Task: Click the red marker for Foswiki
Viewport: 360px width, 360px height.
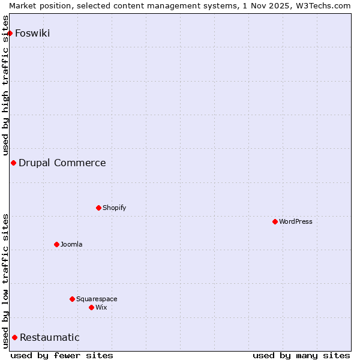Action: pos(10,33)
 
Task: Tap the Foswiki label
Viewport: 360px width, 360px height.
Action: pos(32,33)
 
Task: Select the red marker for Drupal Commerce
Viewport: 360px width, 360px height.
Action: pos(13,163)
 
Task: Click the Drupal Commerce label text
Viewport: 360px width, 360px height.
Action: pos(62,163)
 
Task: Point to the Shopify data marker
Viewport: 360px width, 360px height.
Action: pos(98,208)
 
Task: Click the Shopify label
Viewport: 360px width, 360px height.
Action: pos(114,208)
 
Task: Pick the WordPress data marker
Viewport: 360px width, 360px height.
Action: pos(275,221)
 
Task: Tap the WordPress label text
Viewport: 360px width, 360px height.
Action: pos(295,221)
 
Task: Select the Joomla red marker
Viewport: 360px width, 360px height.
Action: pos(56,244)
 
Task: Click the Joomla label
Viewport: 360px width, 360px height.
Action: pos(71,244)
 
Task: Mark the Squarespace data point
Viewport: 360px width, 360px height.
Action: pos(72,299)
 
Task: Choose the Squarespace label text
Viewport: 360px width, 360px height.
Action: pos(97,299)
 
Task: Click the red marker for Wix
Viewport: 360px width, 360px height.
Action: pos(91,307)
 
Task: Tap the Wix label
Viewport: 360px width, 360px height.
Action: pos(101,307)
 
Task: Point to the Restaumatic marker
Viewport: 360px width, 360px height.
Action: pos(14,337)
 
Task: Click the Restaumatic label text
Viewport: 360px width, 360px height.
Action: pos(49,337)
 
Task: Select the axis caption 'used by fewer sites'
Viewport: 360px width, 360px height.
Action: pos(62,355)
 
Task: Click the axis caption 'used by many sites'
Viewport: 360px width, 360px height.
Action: pos(301,355)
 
